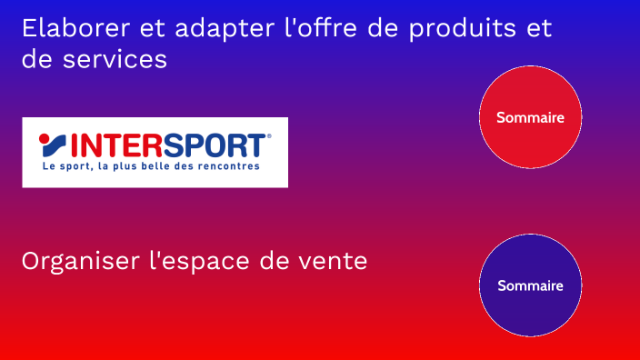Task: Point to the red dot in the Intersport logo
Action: pyautogui.click(x=45, y=139)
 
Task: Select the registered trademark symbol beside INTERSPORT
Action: pyautogui.click(x=269, y=136)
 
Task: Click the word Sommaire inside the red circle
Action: pyautogui.click(x=530, y=117)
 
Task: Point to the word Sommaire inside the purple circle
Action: pyautogui.click(x=530, y=285)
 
